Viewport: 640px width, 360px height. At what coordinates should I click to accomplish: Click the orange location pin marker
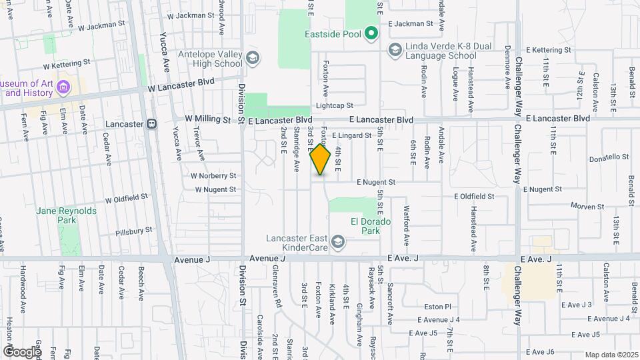tap(321, 160)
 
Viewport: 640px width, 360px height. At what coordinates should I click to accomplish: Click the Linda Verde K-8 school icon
tap(395, 49)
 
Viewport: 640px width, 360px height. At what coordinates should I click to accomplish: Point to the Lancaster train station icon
tap(152, 124)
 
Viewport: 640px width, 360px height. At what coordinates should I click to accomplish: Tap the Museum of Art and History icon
tap(64, 87)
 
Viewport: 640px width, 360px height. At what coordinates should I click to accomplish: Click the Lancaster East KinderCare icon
tap(338, 241)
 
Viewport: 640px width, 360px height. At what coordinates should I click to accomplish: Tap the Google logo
tap(22, 351)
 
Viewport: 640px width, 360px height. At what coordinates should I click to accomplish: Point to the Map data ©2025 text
tap(611, 355)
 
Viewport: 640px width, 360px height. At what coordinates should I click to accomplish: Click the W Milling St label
tap(207, 119)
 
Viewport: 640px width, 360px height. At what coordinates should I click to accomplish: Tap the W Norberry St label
tap(213, 176)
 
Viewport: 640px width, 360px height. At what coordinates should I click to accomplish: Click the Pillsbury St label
tap(133, 231)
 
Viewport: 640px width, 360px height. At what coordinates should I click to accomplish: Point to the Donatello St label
tap(609, 157)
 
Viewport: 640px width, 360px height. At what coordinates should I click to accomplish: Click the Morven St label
tap(586, 207)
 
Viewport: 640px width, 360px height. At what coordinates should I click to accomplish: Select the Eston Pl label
tap(438, 307)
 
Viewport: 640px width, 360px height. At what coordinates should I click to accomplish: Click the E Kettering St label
tap(549, 50)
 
